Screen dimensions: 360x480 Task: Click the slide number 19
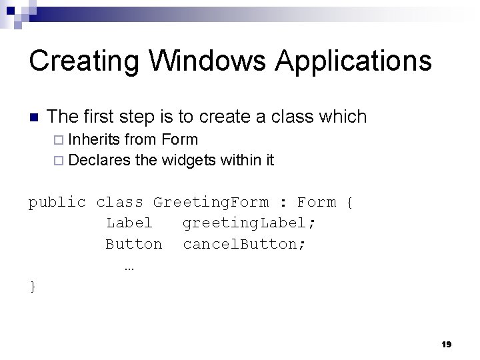click(446, 344)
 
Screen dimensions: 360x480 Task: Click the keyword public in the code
click(57, 202)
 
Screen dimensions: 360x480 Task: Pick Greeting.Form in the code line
click(211, 202)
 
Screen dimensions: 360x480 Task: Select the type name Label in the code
click(129, 223)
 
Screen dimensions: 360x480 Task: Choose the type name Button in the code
click(133, 244)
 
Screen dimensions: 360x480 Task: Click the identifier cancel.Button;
click(245, 244)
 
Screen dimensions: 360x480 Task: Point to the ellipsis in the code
click(129, 267)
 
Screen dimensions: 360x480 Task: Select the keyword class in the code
click(120, 202)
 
